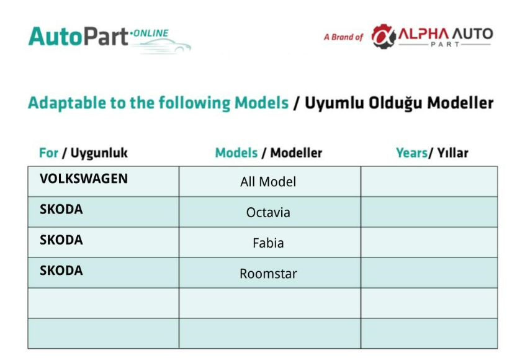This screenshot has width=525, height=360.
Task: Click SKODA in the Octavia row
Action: (x=61, y=209)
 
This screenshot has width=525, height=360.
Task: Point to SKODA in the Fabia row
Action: (x=61, y=240)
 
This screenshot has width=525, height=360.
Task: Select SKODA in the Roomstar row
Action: (x=61, y=271)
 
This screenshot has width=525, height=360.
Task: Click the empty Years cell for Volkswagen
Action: (x=429, y=181)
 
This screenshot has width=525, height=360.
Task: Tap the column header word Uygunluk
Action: (x=99, y=153)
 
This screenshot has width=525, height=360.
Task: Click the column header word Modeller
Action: (x=296, y=153)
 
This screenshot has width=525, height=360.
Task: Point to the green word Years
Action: (x=411, y=153)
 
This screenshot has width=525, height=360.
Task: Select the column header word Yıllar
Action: (x=452, y=153)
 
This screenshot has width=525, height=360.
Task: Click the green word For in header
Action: (x=48, y=153)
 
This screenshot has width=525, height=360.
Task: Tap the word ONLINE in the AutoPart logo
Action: (x=151, y=33)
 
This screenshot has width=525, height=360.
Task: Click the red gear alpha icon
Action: (x=384, y=37)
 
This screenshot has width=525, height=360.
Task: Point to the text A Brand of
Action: (x=344, y=37)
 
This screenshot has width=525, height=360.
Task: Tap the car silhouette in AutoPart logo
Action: (x=164, y=46)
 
